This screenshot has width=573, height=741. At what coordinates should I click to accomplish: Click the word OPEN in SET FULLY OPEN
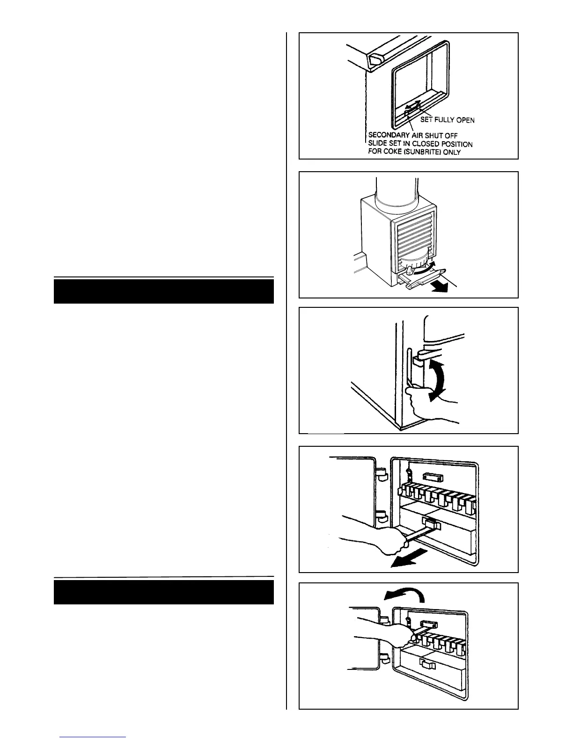pos(465,120)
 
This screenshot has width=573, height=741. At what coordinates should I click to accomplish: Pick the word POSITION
pos(454,144)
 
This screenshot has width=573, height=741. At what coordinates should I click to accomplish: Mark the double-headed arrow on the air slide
pos(412,106)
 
